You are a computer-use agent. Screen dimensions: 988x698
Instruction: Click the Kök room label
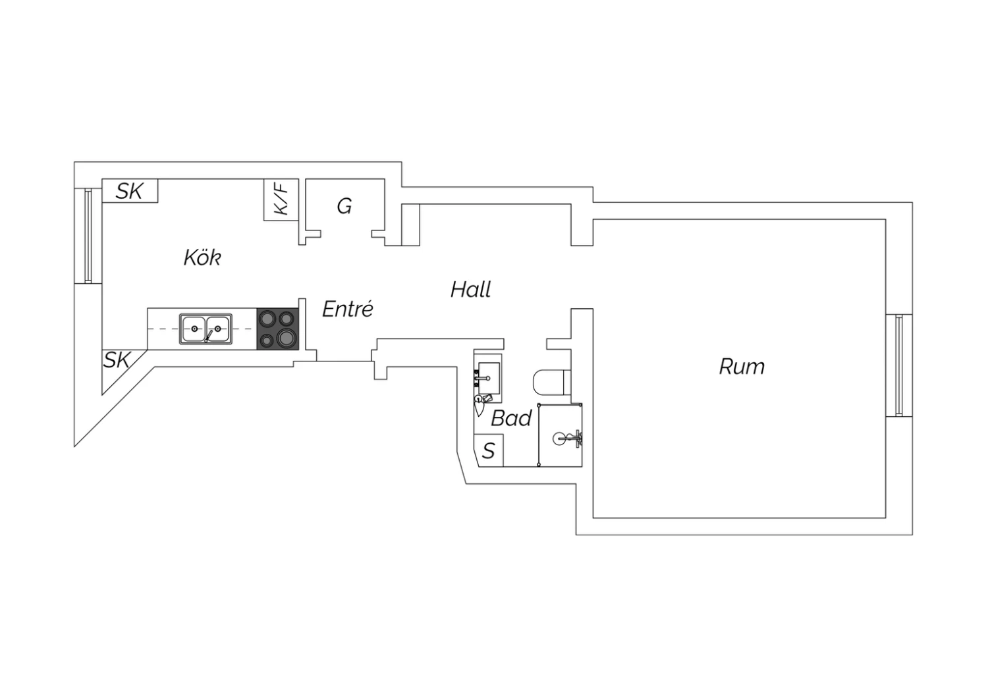click(202, 257)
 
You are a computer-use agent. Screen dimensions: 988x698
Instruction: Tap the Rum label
click(742, 367)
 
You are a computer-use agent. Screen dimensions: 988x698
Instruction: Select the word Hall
click(471, 290)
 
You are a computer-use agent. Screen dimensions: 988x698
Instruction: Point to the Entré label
click(348, 309)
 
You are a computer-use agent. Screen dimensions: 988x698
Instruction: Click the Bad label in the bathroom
click(511, 418)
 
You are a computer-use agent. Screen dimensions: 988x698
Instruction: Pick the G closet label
click(344, 206)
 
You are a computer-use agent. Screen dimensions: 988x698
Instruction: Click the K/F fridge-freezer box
click(281, 200)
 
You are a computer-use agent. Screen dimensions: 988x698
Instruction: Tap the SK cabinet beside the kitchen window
click(130, 190)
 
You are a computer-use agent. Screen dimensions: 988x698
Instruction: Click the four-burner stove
click(277, 329)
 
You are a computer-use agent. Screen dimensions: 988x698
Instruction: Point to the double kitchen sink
click(206, 329)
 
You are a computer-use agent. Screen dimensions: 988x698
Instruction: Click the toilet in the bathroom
click(552, 383)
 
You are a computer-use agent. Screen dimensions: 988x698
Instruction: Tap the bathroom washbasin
click(489, 378)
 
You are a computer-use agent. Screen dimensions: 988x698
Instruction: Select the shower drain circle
click(559, 439)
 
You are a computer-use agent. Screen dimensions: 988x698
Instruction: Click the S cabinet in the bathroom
click(488, 450)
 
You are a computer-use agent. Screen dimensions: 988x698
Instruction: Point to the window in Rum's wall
click(899, 365)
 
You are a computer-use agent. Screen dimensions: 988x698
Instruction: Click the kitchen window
click(88, 236)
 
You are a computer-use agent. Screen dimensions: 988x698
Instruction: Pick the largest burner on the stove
click(287, 338)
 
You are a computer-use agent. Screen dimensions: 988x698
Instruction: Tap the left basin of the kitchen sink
click(194, 329)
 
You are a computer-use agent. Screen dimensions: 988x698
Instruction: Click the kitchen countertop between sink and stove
click(245, 329)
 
